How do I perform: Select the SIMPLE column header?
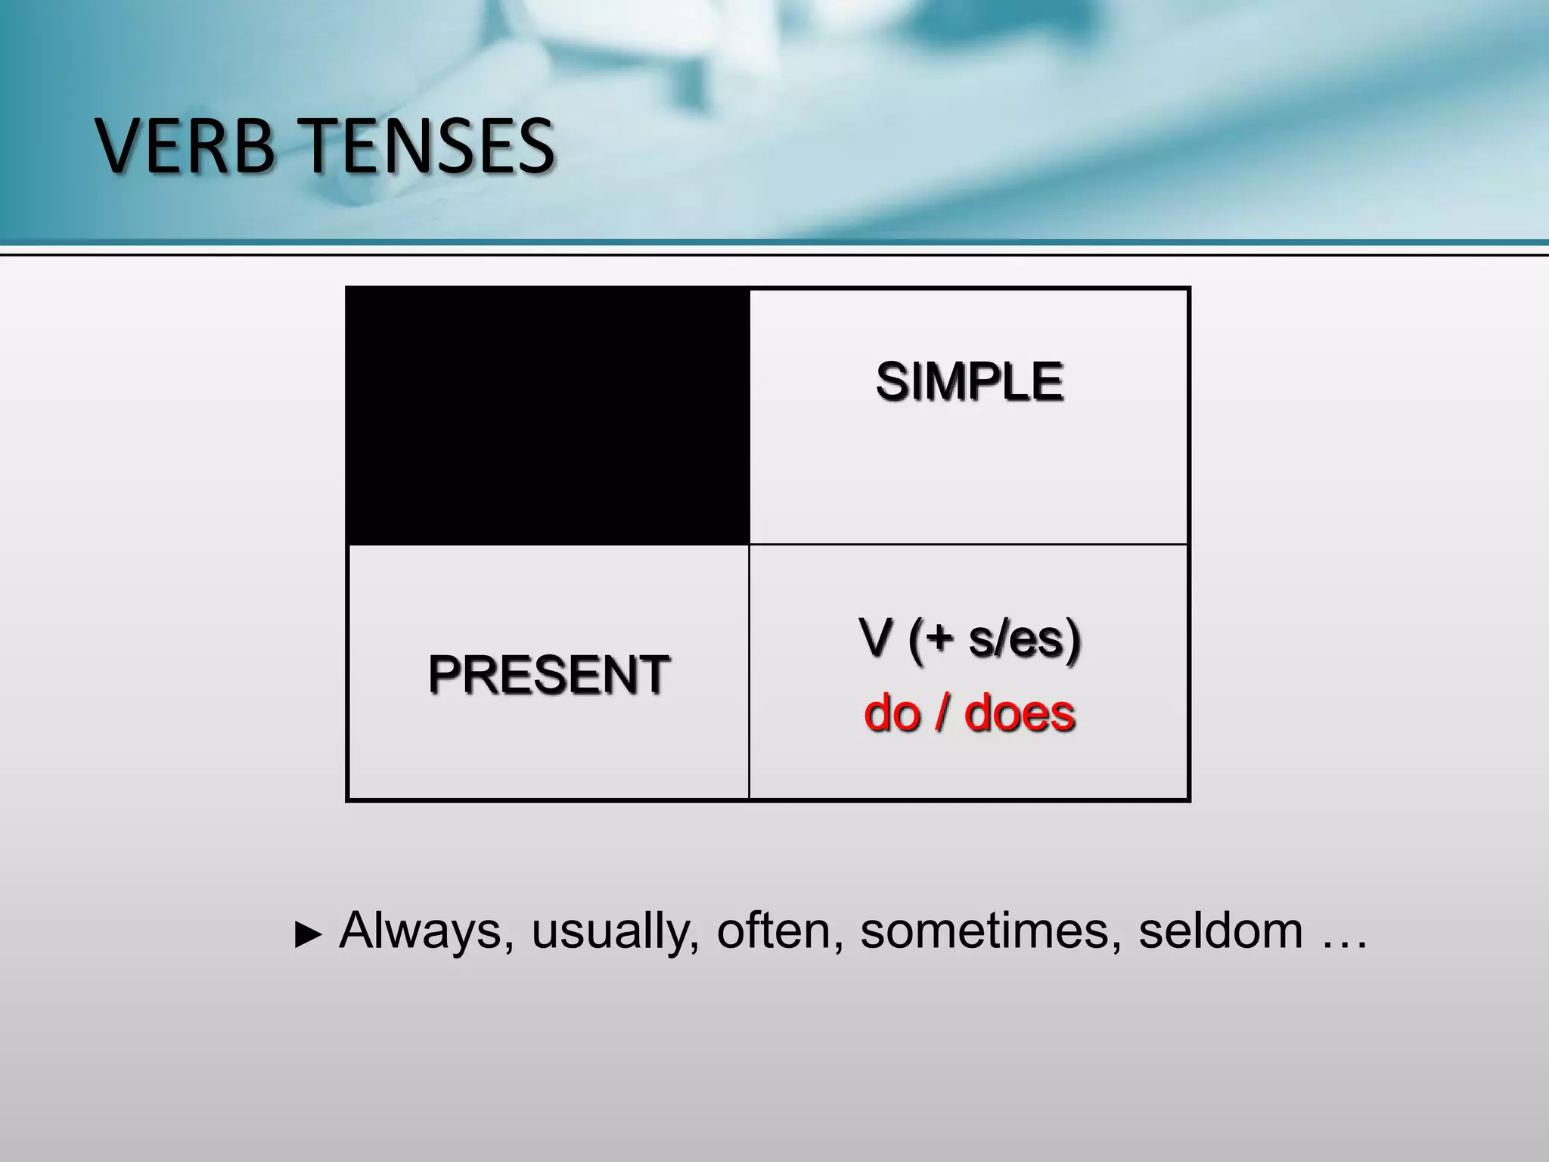(x=970, y=381)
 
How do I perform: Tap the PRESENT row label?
(x=548, y=674)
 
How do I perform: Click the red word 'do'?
(x=892, y=713)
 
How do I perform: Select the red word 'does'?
(x=1020, y=713)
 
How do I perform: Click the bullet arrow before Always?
(x=307, y=936)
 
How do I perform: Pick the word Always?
(x=421, y=931)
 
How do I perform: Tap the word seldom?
(x=1220, y=931)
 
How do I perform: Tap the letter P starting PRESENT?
(x=442, y=674)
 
